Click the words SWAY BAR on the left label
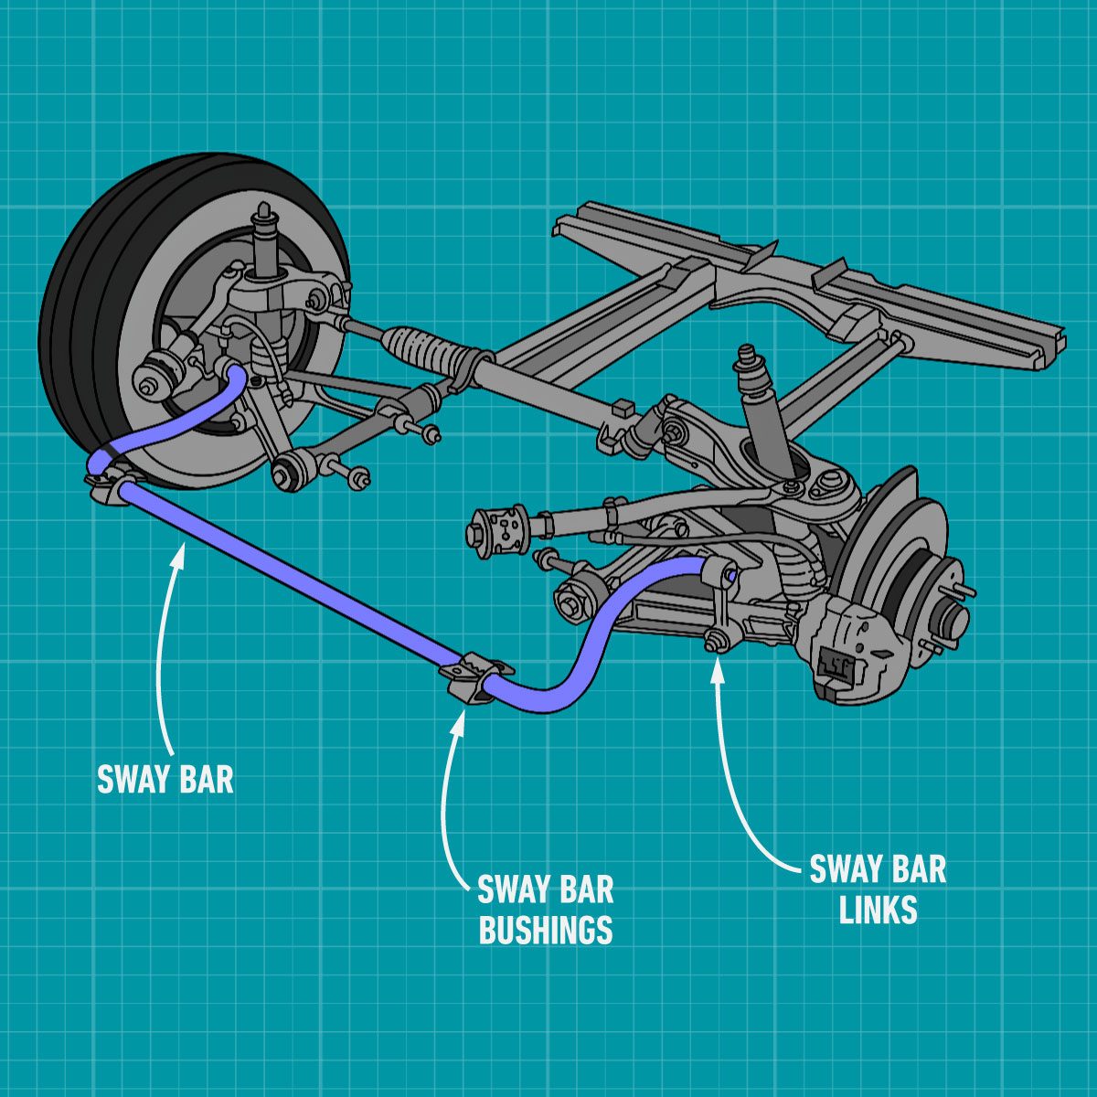coord(165,779)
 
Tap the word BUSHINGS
coord(545,930)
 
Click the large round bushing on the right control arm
coord(498,530)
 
